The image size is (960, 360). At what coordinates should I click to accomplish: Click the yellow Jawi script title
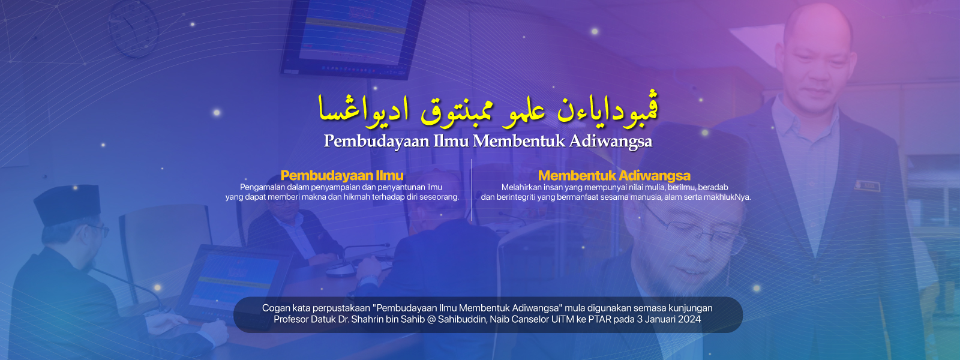click(x=488, y=109)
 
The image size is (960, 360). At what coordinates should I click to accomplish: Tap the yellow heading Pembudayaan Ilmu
click(x=342, y=175)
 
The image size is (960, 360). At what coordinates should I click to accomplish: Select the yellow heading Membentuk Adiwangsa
click(x=614, y=175)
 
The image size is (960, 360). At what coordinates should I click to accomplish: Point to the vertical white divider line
click(x=472, y=190)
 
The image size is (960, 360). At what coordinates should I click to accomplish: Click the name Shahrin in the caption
click(x=365, y=319)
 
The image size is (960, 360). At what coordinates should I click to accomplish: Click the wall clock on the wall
click(x=133, y=28)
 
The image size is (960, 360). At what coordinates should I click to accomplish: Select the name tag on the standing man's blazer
click(x=867, y=186)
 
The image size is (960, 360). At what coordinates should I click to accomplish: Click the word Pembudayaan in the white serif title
click(x=376, y=141)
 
